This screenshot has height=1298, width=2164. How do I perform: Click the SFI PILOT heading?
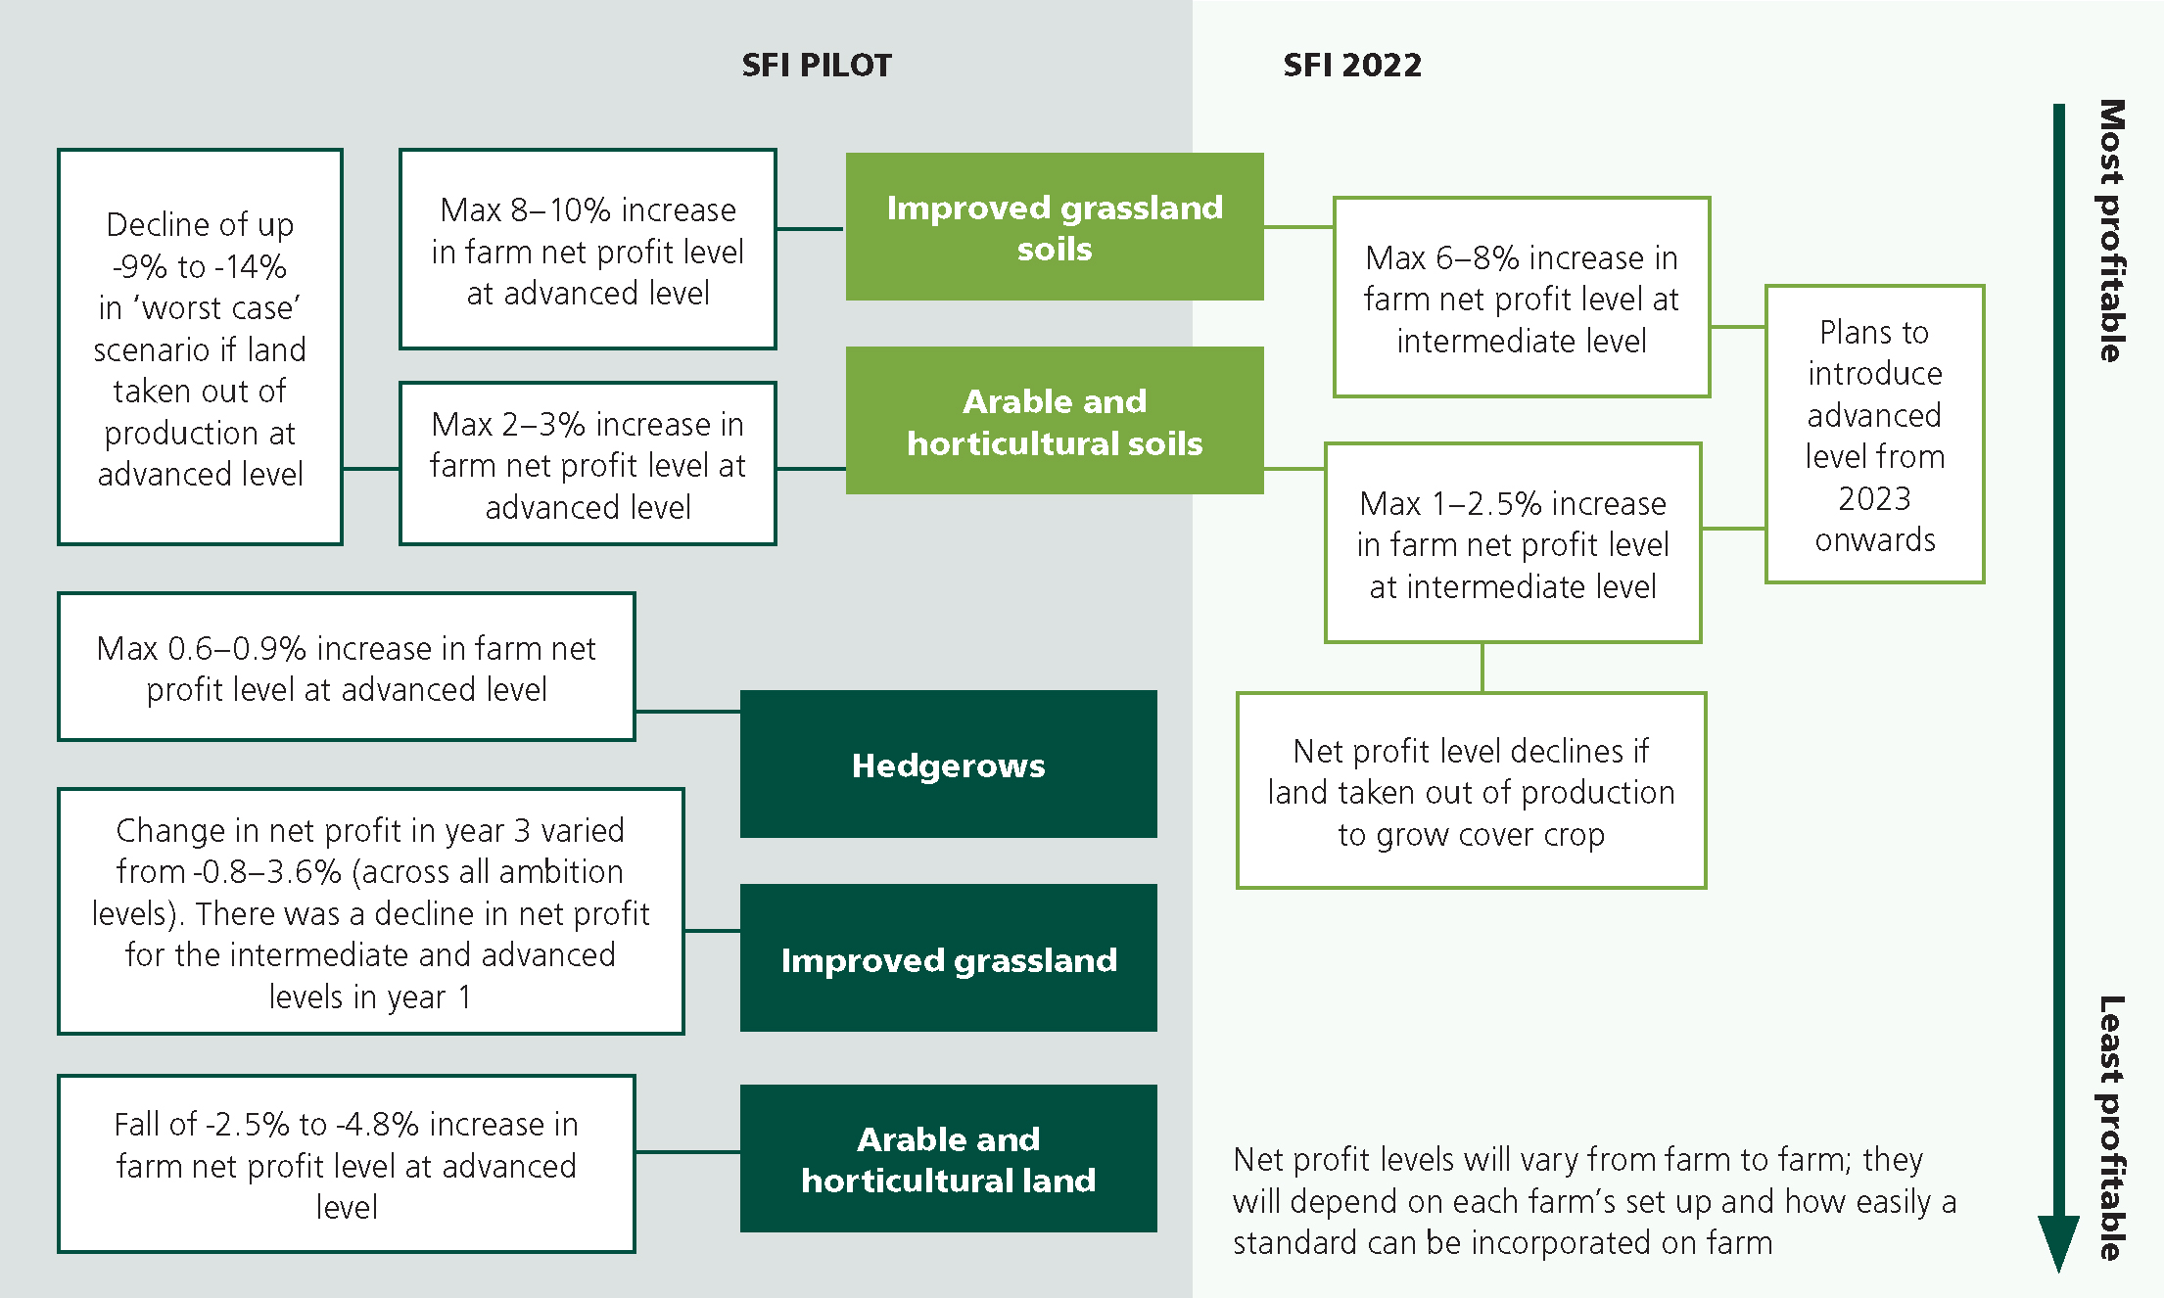click(817, 65)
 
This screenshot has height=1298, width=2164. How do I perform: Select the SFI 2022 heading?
click(1352, 65)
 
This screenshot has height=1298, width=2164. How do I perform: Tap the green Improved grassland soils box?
click(1055, 226)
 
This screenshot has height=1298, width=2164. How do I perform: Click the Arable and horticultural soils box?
click(1055, 421)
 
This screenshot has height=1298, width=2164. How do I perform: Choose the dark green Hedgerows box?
click(948, 765)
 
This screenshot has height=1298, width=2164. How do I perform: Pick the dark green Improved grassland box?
click(948, 958)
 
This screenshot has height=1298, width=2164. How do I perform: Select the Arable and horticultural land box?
click(948, 1158)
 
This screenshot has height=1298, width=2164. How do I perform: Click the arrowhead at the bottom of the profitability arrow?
click(2058, 1243)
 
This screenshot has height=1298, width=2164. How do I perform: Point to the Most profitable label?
click(2111, 230)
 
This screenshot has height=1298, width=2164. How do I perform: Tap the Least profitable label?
click(2111, 1128)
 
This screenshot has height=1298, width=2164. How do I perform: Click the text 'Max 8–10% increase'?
click(588, 209)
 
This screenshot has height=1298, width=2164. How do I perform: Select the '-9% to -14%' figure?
click(200, 266)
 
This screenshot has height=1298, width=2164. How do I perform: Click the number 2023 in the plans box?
click(1874, 498)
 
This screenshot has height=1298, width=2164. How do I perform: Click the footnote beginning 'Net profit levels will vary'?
click(1594, 1201)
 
